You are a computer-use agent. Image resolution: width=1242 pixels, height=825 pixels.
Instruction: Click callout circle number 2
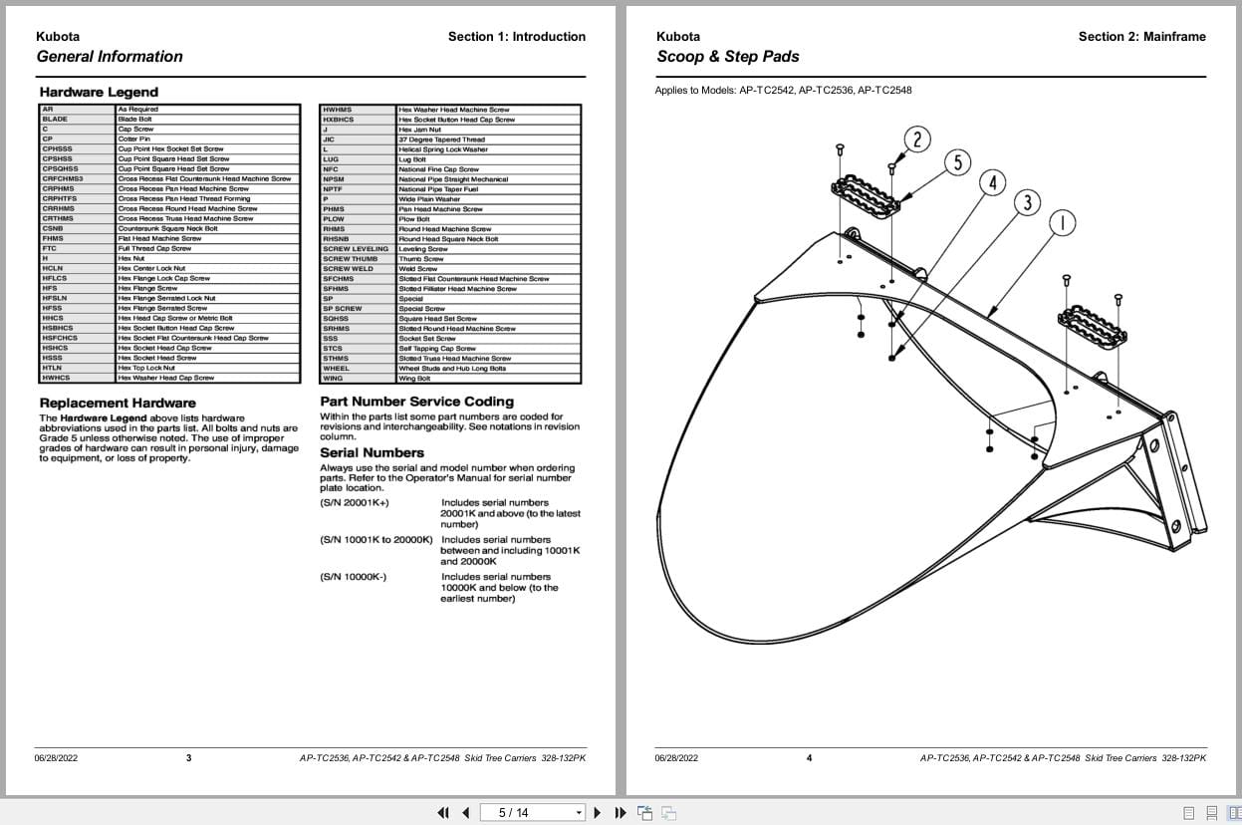[916, 139]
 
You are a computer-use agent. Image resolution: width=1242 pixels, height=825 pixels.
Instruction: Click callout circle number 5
[957, 162]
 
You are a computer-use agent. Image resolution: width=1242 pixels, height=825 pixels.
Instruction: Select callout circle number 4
[992, 183]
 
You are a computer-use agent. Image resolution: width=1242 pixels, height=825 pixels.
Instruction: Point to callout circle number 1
[1063, 223]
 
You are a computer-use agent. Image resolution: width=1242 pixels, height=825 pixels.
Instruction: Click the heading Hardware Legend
[85, 92]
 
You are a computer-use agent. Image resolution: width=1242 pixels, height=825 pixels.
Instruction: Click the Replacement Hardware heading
[118, 404]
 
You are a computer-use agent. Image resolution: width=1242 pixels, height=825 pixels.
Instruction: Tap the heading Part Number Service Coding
[416, 402]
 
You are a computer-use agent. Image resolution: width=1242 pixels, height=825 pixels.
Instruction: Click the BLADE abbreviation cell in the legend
[56, 120]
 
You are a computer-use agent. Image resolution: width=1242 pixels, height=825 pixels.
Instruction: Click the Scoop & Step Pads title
[728, 57]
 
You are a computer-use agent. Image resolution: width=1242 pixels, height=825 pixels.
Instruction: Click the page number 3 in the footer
[189, 758]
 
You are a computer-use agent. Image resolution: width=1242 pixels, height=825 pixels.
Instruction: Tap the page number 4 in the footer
[809, 758]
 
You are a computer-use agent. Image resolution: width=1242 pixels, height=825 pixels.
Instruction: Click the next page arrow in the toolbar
[598, 813]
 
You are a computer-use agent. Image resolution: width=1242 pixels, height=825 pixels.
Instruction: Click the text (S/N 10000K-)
[354, 577]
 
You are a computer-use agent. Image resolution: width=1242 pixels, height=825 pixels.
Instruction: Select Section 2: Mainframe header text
[1141, 37]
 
